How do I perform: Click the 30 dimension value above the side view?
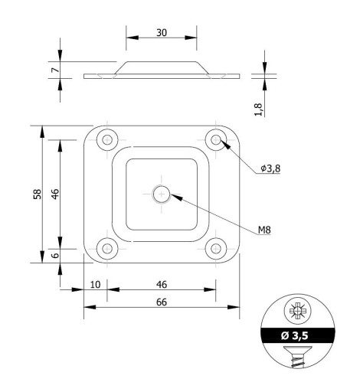162,33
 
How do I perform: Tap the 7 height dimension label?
55,70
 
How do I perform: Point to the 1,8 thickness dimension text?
258,109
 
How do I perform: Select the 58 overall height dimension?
38,194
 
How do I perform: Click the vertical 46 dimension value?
55,194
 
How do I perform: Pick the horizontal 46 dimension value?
162,285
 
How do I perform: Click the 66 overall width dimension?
162,302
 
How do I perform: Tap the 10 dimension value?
95,285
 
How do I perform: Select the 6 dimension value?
55,255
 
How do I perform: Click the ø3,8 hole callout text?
270,168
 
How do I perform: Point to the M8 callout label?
264,230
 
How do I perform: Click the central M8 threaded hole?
162,194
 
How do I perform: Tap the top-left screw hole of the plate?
107,139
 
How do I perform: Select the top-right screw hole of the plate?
216,139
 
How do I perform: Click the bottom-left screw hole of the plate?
107,249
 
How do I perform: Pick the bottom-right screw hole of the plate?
216,249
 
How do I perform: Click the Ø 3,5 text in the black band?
294,335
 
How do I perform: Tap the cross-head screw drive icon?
298,311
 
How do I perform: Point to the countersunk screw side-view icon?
298,356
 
